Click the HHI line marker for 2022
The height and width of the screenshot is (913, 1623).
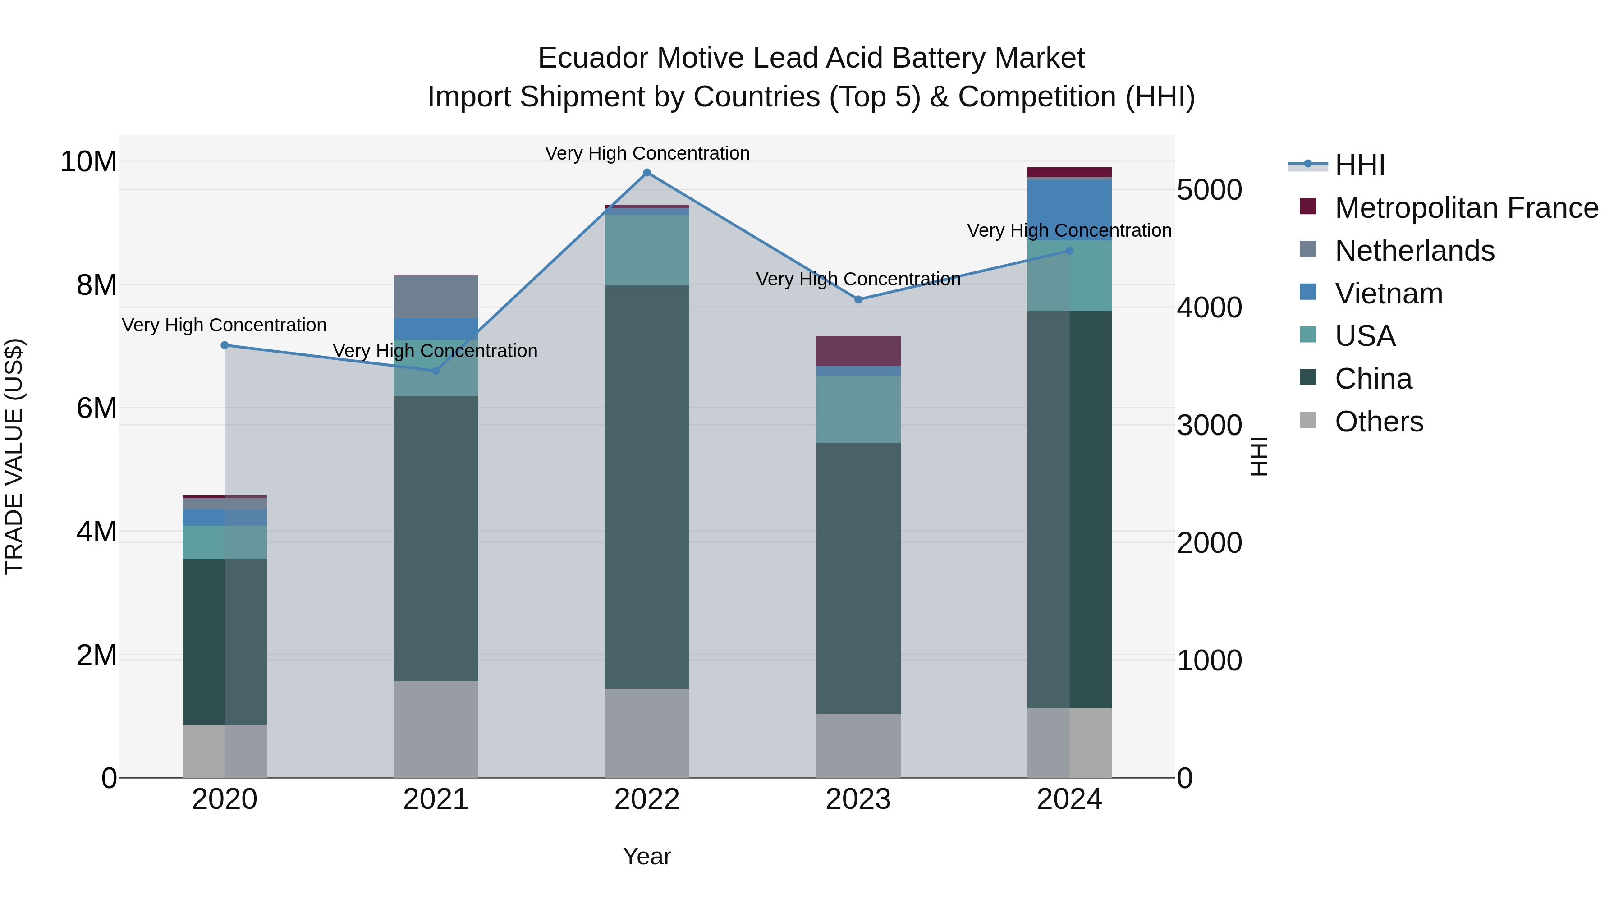pos(647,173)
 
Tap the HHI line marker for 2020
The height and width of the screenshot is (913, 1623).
pos(225,345)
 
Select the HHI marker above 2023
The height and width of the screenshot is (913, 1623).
pos(858,299)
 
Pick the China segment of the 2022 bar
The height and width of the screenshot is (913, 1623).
pos(647,486)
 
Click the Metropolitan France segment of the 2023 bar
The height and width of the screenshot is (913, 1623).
pos(858,351)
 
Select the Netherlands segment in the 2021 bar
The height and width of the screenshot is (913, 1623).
pos(436,297)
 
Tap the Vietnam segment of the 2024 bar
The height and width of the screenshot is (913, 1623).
pos(1069,210)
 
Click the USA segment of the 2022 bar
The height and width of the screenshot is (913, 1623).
pos(647,250)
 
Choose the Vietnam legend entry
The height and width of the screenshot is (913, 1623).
pos(1388,294)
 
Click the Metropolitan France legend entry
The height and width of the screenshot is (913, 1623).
pos(1466,208)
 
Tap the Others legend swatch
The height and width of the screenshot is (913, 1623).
pos(1308,420)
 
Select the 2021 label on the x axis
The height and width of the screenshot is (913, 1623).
pos(436,799)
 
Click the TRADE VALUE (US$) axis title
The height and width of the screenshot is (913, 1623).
pos(14,456)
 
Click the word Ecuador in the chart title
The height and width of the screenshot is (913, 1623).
pos(593,58)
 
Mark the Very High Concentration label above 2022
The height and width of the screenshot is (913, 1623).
pos(647,153)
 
